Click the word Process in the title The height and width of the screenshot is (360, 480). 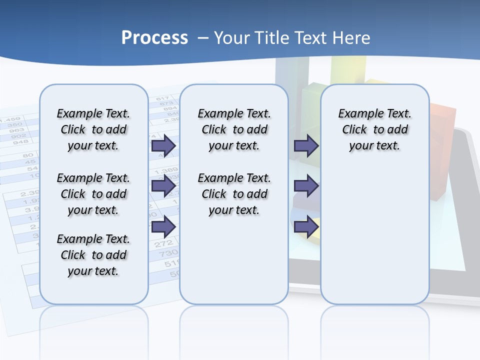[x=154, y=38]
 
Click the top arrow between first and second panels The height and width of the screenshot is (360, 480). [x=163, y=145]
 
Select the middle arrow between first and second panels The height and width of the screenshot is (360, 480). [x=163, y=186]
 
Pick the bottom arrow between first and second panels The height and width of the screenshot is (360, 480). [x=163, y=226]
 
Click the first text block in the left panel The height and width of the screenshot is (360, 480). [x=93, y=129]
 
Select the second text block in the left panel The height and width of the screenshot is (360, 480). [x=93, y=194]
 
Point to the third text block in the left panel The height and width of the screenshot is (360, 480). [x=93, y=255]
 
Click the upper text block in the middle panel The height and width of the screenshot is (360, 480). [x=234, y=129]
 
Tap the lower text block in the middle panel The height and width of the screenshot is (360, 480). [x=234, y=194]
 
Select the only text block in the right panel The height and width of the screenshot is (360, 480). [x=374, y=129]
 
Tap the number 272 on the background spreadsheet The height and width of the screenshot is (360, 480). [x=163, y=244]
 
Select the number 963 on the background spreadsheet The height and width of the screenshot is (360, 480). [x=16, y=130]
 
